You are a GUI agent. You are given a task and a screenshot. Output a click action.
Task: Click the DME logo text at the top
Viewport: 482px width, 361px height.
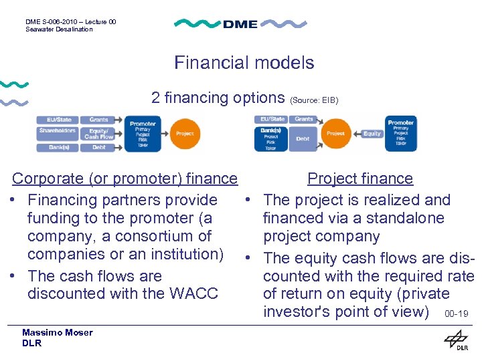[x=240, y=24]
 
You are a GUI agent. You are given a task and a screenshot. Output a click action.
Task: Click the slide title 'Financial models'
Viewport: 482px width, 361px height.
[x=244, y=63]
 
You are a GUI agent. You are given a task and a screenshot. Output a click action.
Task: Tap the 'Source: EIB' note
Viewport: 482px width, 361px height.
[x=314, y=100]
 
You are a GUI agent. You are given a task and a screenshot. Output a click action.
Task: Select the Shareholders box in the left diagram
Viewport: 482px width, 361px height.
[x=57, y=131]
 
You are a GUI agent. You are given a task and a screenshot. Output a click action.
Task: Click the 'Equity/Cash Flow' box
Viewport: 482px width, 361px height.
[x=99, y=134]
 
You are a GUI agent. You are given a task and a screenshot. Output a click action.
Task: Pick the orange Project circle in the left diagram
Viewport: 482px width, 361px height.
[x=185, y=134]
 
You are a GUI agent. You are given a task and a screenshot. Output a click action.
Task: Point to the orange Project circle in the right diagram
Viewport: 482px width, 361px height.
[x=335, y=134]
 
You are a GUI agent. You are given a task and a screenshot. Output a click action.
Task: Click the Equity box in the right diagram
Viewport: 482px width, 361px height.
[x=372, y=134]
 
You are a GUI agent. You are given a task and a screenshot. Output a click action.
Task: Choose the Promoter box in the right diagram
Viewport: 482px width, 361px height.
[x=401, y=133]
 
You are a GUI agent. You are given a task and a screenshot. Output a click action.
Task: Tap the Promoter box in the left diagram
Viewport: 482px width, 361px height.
[x=142, y=134]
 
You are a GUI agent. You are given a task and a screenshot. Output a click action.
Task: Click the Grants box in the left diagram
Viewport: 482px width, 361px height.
[x=99, y=120]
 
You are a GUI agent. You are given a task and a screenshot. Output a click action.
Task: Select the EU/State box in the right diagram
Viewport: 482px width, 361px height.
[x=270, y=119]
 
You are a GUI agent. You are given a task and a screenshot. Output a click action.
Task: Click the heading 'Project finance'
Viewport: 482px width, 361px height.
[x=360, y=178]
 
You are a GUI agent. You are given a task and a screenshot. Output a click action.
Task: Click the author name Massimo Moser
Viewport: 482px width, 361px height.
[x=57, y=332]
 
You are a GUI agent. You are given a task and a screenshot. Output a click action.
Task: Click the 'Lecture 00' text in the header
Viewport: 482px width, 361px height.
[x=97, y=21]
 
